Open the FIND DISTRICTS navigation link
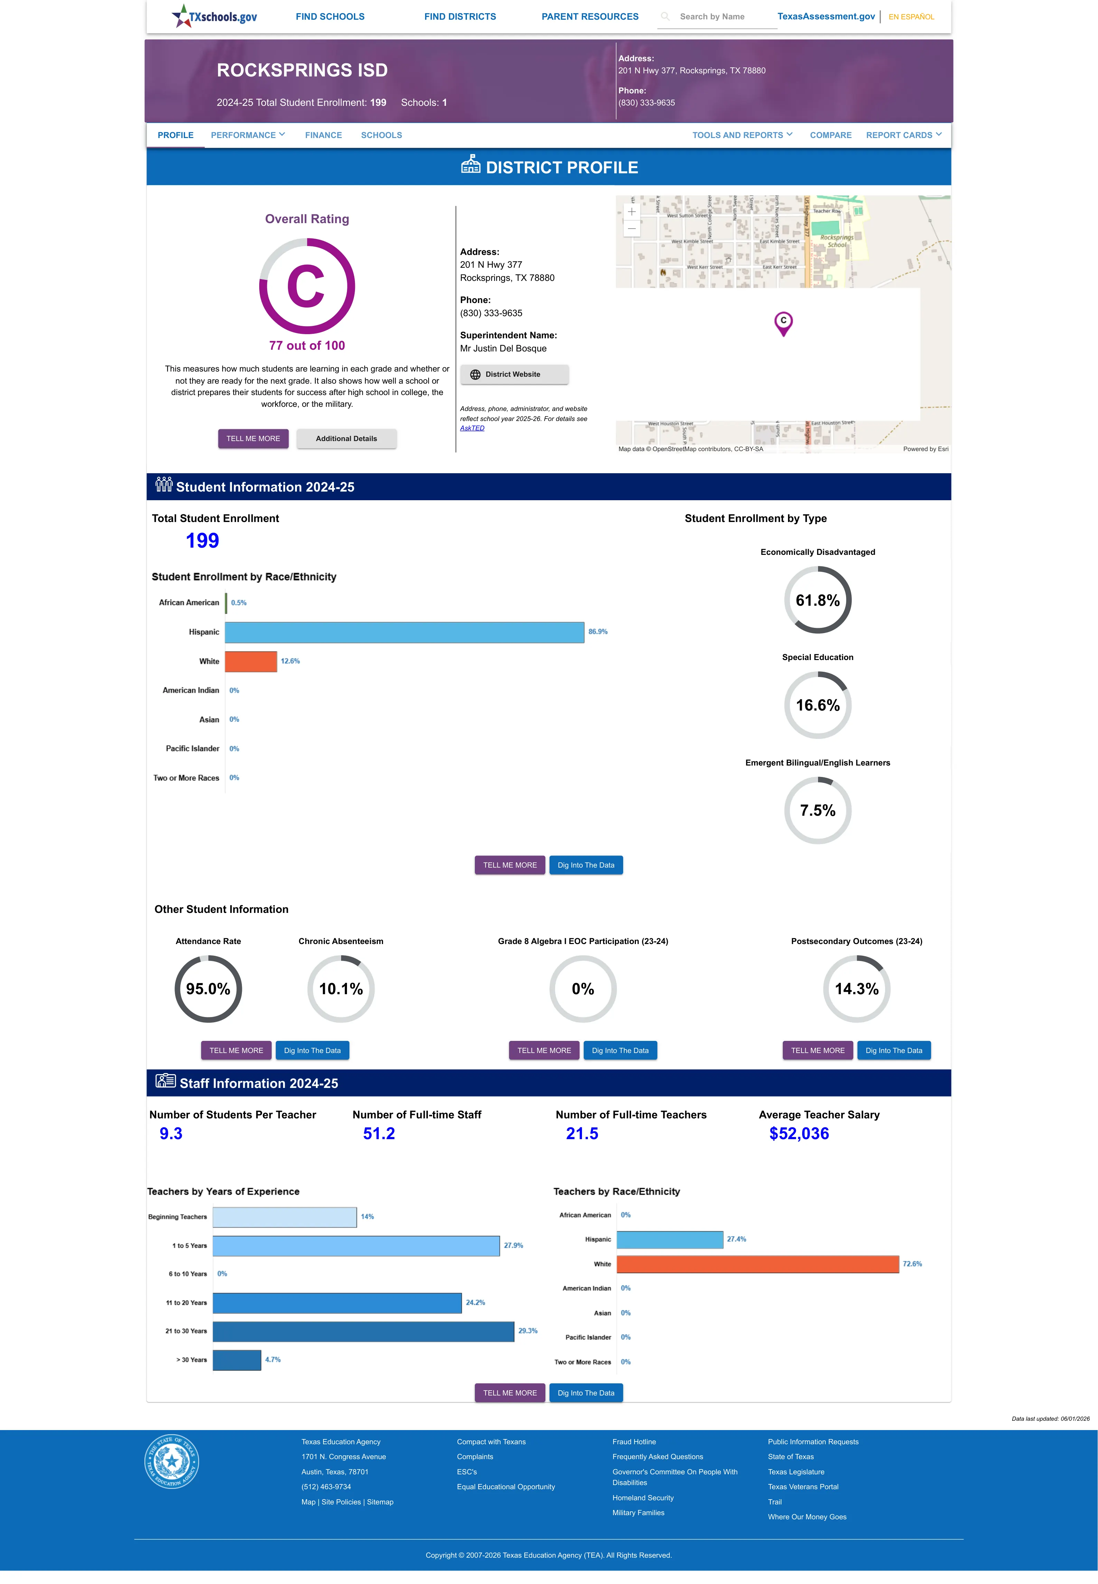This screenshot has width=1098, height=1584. [460, 17]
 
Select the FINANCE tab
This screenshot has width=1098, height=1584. [323, 135]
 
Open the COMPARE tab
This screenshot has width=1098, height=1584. [830, 135]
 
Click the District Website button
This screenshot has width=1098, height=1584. [514, 375]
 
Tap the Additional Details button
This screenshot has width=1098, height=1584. [346, 439]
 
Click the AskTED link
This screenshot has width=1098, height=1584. [472, 428]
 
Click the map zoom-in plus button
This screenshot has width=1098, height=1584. [631, 211]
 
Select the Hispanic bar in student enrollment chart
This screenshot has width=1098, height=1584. [404, 632]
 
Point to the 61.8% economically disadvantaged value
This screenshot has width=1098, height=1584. [817, 600]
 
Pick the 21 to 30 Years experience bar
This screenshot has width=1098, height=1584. [363, 1331]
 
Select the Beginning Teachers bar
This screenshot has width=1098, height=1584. [285, 1217]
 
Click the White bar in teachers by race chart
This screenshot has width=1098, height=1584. [758, 1264]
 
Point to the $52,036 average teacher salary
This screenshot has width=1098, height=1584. [799, 1134]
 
